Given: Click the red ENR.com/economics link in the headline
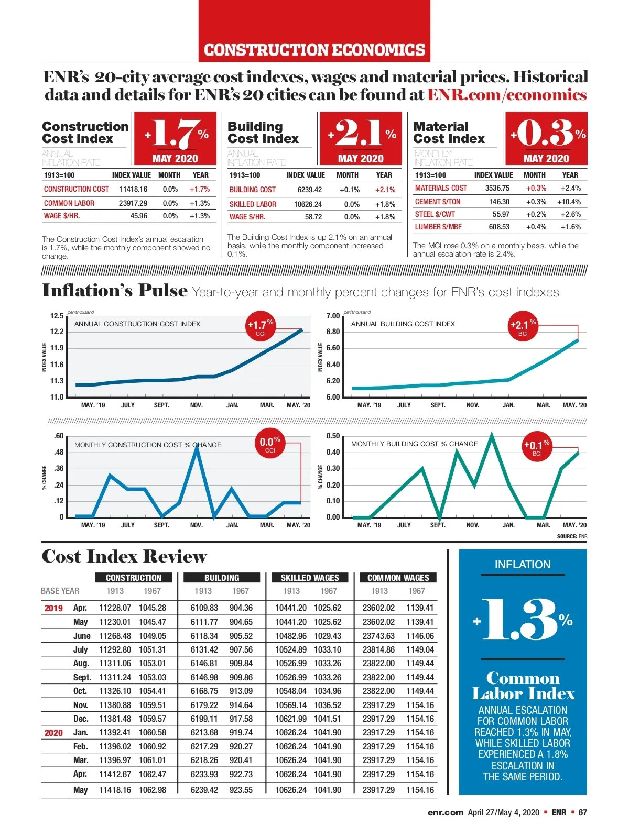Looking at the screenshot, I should point(507,95).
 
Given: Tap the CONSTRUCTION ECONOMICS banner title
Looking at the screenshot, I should point(314,50).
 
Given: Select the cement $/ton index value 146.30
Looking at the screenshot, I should point(499,202).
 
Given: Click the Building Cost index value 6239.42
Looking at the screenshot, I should point(310,190).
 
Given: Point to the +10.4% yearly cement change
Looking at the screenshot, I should point(569,202).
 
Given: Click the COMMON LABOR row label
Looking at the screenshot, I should point(69,203).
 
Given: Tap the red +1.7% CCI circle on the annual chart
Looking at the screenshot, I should point(261,327).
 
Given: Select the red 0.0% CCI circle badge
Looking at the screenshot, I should point(269,444).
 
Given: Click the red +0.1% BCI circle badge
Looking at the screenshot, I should point(537,447).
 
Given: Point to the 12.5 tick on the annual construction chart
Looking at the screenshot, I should point(57,316).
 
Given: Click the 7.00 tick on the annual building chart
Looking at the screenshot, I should point(333,316).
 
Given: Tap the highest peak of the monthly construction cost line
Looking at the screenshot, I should point(197,446).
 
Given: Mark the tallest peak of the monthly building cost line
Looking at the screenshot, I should point(491,434).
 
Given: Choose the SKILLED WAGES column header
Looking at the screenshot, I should point(310,578).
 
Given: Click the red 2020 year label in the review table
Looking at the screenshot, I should point(53,733).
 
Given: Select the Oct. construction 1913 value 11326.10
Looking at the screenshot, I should point(115,691).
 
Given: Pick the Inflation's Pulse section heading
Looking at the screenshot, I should point(114,291).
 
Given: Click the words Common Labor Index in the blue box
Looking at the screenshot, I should point(523,686).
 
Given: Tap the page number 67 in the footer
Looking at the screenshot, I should point(582,812).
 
